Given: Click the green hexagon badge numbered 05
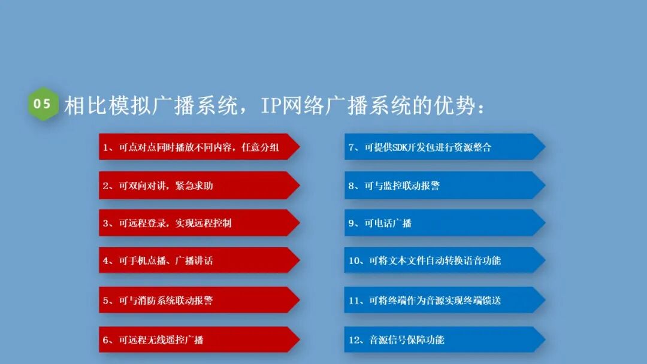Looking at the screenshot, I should click(43, 104).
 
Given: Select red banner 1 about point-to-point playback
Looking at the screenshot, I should click(198, 147).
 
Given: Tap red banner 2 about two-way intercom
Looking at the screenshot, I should click(198, 186).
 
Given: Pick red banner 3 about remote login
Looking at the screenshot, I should click(198, 223).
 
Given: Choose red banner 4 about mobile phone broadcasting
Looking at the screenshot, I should click(198, 260).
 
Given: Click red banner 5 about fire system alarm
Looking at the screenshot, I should click(198, 300).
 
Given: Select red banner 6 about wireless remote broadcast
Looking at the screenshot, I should click(198, 339).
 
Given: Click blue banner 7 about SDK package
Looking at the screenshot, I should click(443, 147).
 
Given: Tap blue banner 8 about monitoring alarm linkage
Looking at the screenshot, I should click(443, 186).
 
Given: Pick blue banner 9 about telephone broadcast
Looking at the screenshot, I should click(443, 223).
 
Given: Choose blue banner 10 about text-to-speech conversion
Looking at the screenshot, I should click(443, 260).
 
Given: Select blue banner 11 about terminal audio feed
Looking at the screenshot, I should click(443, 300).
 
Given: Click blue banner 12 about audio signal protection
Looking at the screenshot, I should click(443, 339).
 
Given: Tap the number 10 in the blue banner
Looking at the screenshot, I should click(354, 261).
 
